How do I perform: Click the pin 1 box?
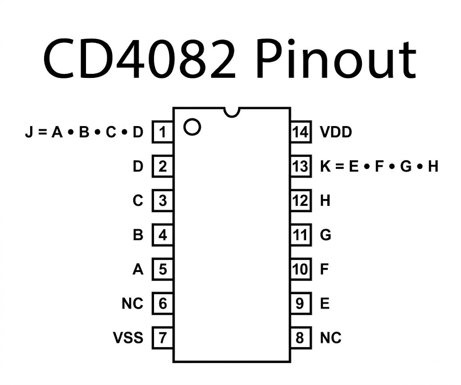point(162,132)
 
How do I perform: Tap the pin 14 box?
point(301,132)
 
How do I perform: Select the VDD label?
point(336,132)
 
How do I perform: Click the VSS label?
point(128,338)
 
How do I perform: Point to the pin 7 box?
point(162,338)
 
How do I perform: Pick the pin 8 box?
point(301,338)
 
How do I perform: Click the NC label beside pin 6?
point(132,303)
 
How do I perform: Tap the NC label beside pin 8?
point(331,338)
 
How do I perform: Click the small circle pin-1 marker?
point(192,127)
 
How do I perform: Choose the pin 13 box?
point(301,166)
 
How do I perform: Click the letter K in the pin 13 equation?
point(325,166)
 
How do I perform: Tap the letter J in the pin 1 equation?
point(28,132)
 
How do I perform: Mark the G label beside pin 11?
point(325,235)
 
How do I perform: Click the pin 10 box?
point(301,269)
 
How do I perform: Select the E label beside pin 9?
point(325,303)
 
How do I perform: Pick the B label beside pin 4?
point(138,235)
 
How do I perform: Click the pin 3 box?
point(162,200)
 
